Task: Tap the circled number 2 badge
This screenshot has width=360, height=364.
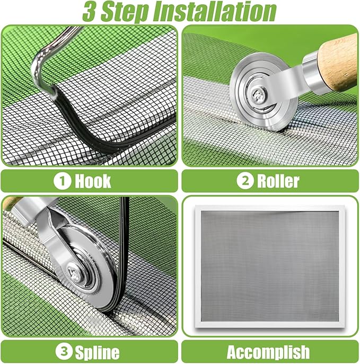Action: pyautogui.click(x=245, y=181)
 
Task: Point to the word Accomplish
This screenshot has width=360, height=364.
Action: pyautogui.click(x=268, y=351)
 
